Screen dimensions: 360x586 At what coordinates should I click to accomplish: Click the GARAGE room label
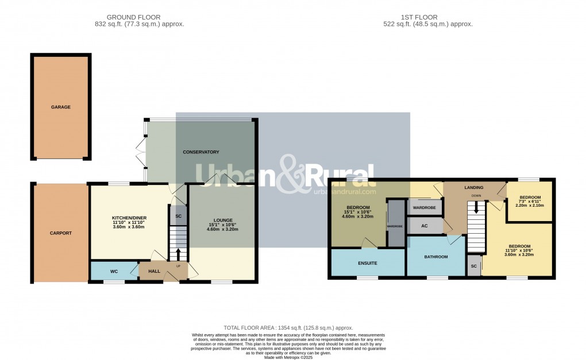coord(60,107)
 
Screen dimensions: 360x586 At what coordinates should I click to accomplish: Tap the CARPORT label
coord(60,233)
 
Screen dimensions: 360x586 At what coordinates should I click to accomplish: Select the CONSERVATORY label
coord(201,152)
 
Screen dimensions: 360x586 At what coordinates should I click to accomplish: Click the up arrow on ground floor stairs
coord(178,254)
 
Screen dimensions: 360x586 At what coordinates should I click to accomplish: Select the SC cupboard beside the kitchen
coord(178,216)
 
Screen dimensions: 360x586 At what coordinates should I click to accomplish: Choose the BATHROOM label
coord(436,257)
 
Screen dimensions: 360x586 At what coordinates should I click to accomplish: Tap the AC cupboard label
coord(425,226)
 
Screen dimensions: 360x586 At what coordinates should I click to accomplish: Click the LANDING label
coord(474,188)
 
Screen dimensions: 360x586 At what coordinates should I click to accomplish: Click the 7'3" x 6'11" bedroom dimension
coord(530,202)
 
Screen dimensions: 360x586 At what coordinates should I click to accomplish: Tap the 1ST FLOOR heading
coord(427,17)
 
